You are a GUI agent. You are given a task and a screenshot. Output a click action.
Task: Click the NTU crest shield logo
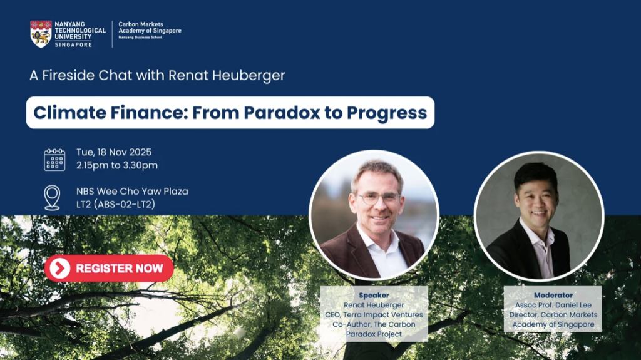(41, 34)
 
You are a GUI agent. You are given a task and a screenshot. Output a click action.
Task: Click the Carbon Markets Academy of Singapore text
(150, 28)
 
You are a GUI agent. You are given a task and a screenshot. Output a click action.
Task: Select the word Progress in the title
(387, 113)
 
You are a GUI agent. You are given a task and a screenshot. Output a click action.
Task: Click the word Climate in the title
(70, 113)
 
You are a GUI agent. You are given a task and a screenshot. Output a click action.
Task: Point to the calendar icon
(54, 160)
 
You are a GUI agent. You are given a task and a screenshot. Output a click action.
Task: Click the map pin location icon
(53, 198)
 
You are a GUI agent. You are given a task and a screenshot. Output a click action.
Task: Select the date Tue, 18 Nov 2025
(114, 152)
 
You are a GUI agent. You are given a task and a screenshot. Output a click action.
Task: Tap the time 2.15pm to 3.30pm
(117, 165)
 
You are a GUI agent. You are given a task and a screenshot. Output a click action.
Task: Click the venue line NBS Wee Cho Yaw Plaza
(132, 192)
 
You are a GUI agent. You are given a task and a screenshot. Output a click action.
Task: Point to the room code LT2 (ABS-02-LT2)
(116, 204)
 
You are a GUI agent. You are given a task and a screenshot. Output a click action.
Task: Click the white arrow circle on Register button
(60, 269)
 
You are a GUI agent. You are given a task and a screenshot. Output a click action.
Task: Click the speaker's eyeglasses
(378, 198)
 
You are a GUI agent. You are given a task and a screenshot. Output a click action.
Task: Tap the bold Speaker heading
(374, 295)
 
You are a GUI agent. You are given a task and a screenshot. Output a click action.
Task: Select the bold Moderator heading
(553, 295)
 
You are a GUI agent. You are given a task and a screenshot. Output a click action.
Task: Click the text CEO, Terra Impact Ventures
(374, 314)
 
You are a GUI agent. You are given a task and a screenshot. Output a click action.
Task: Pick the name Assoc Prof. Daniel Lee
(553, 305)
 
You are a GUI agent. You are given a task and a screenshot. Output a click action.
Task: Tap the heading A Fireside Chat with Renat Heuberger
(157, 75)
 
